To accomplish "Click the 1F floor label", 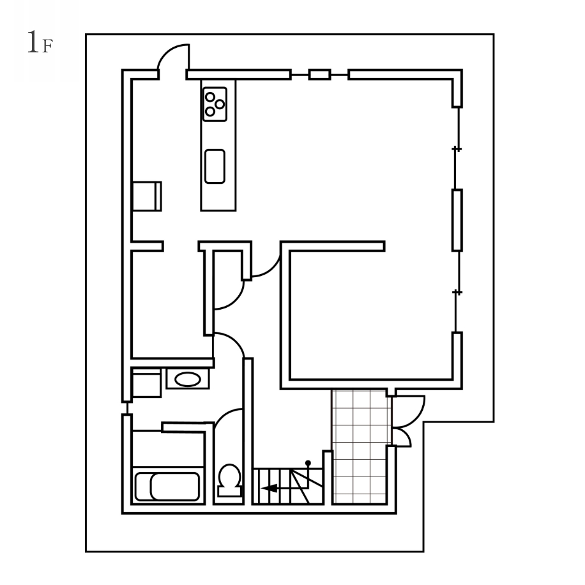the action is point(40,43).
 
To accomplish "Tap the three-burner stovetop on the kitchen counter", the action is point(215,104).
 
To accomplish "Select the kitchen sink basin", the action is point(215,167).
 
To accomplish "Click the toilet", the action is point(229,480).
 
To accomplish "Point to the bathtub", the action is point(167,487).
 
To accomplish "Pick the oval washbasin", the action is point(188,379).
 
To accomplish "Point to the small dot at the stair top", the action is point(308,463).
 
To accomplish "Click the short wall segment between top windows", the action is point(320,75).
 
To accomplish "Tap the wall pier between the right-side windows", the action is point(457,220).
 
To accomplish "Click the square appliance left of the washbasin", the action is point(147,383).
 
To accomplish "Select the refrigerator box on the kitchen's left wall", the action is point(147,196).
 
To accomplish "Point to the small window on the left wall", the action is point(127,408).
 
